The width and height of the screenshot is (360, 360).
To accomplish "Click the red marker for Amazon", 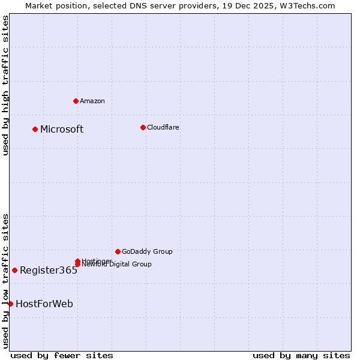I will coord(76,101).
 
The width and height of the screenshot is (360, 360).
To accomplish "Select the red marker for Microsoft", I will coord(35,129).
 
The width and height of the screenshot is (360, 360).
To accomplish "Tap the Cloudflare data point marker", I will coord(143,127).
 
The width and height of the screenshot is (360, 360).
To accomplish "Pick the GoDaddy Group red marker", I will coord(118,251).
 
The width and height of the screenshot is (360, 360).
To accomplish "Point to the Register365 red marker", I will coord(14,270).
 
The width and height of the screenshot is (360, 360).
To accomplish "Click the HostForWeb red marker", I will coord(10,304).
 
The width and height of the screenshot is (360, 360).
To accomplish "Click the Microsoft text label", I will coord(62,130).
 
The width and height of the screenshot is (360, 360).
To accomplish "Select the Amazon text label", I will coord(92,101).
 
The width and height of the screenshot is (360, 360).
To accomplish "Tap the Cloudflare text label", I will coord(163,127).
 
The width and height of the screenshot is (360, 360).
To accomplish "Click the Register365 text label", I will coord(49,271).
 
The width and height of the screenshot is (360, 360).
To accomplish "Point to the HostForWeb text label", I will coord(44,304).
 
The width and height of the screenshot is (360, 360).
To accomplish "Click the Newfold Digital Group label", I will coord(117,265).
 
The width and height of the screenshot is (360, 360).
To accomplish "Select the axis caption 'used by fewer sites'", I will coord(62,355).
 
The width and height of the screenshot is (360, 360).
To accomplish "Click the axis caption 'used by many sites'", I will coord(301,355).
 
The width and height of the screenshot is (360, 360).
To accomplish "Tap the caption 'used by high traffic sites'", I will coord(5,85).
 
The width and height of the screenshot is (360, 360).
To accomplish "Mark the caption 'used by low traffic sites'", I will coord(5,281).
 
